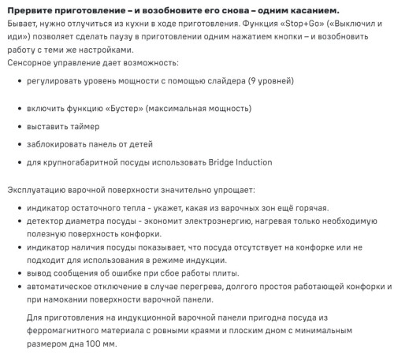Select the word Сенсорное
pos(32,61)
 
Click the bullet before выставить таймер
pos(18,126)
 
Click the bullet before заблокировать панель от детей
pos(18,144)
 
